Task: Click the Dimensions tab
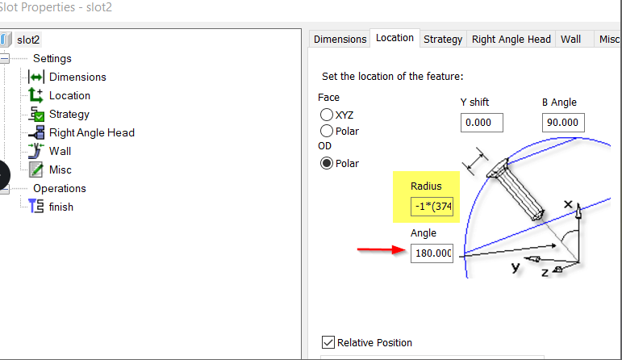[x=340, y=39]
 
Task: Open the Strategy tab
[x=443, y=39]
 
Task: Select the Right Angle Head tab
[x=511, y=39]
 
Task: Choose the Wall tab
[x=570, y=39]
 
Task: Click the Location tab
[x=394, y=38]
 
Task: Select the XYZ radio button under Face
[x=327, y=115]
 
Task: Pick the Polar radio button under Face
[x=327, y=131]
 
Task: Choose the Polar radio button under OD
[x=327, y=163]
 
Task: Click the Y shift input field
[x=482, y=123]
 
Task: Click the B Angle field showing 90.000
[x=563, y=123]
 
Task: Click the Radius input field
[x=432, y=206]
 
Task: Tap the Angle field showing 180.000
[x=432, y=253]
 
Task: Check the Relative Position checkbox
[x=328, y=342]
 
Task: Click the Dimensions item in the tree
[x=77, y=77]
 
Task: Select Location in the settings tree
[x=69, y=95]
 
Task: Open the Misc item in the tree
[x=60, y=170]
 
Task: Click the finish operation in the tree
[x=61, y=207]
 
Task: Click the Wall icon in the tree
[x=35, y=150]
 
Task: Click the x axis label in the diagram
[x=567, y=205]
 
